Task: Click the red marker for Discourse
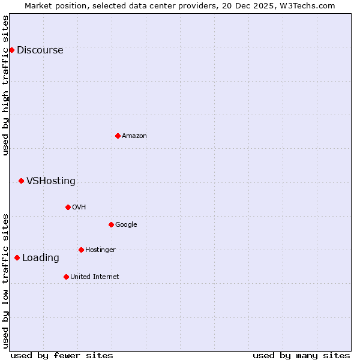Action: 11,50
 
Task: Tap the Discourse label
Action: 40,50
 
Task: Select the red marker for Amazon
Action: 118,136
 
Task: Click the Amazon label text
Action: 134,136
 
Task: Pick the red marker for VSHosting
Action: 21,181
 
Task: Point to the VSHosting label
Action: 51,181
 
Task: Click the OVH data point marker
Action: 68,207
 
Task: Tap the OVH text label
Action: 79,208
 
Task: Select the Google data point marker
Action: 111,224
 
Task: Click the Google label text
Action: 126,225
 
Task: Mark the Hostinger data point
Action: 81,250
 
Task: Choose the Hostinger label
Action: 100,250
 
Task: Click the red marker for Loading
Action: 17,257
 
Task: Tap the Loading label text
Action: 41,258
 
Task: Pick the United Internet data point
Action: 66,277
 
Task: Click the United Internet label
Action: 95,277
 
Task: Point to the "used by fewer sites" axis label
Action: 62,355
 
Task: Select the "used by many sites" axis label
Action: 301,355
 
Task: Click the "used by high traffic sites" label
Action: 5,85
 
